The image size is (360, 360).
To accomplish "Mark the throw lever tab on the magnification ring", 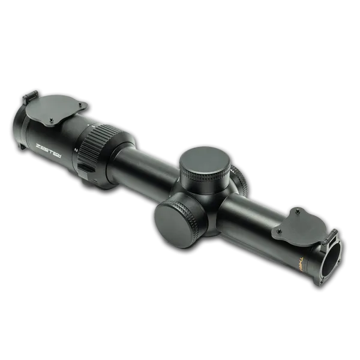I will coord(87,168).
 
